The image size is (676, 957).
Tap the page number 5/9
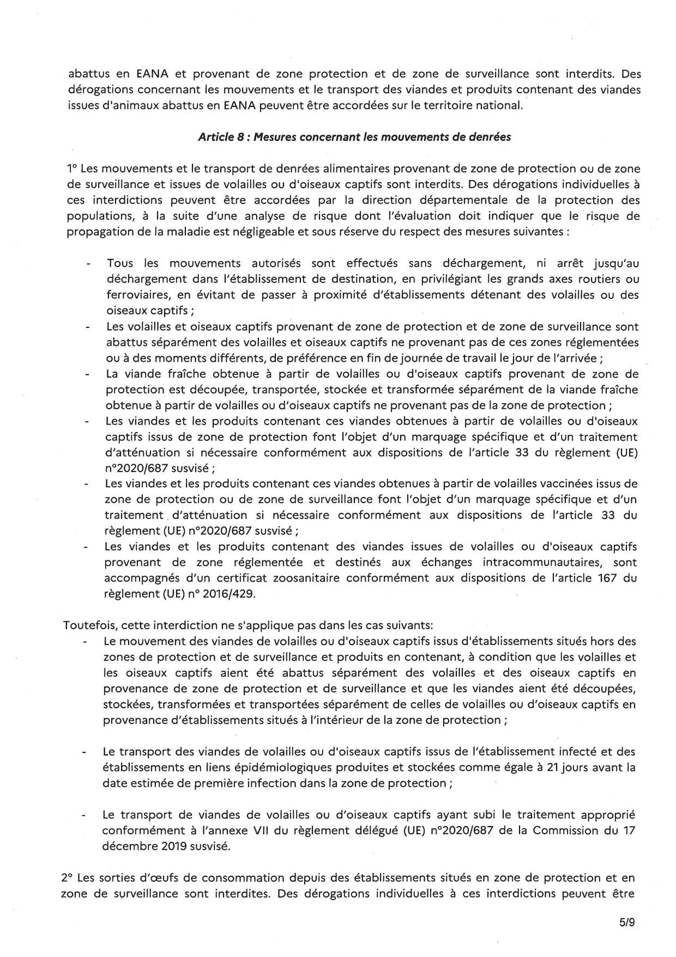click(x=626, y=923)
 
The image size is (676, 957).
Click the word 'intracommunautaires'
click(x=546, y=562)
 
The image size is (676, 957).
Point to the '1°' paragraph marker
click(x=73, y=169)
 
